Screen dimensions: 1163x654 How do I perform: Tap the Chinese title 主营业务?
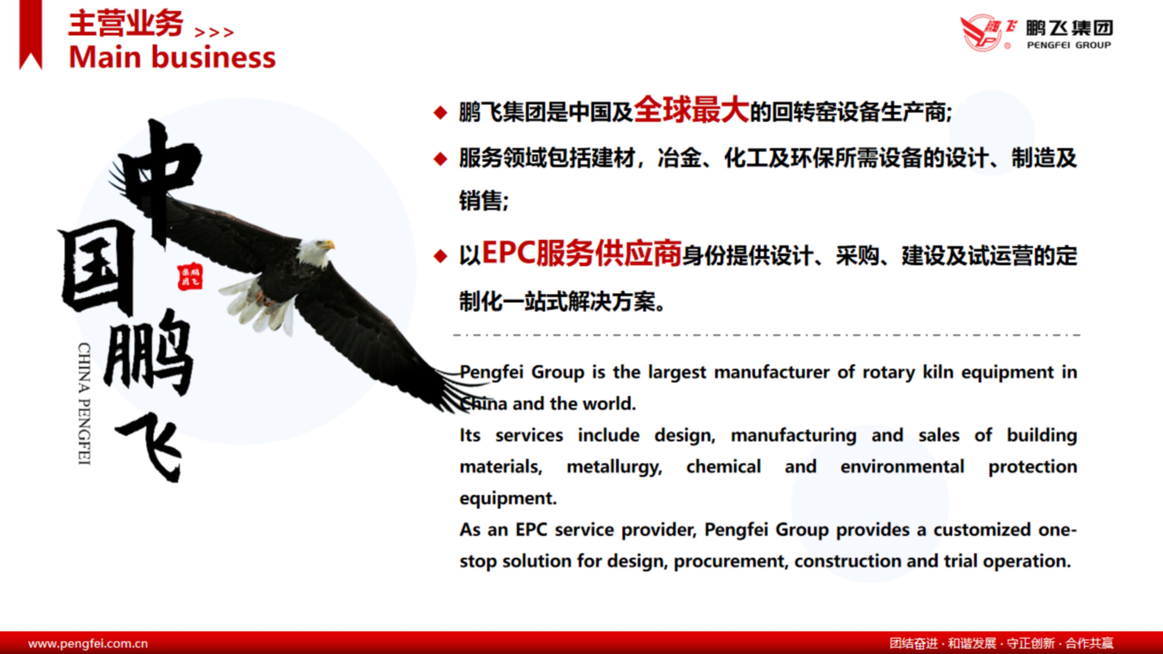pos(125,24)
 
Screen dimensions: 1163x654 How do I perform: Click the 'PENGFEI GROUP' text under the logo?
pos(1069,45)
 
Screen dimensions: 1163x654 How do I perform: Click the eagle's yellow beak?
pos(330,245)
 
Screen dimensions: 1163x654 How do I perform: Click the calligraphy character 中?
pos(158,180)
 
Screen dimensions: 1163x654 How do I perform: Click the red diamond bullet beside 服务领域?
pos(440,159)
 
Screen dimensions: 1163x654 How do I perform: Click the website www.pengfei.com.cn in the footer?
pos(88,643)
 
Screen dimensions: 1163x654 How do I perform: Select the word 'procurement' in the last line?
pos(731,561)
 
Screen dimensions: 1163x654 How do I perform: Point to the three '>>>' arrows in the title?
pos(214,32)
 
